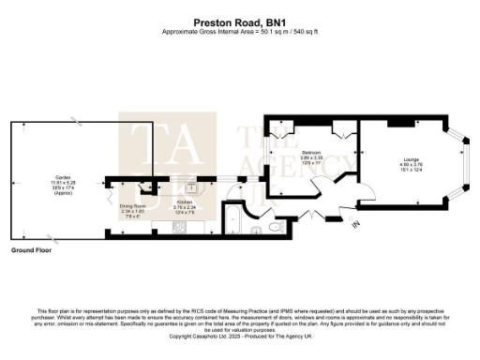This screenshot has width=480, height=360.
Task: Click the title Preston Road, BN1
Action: [x=240, y=20]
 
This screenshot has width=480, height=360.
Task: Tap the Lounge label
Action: [x=412, y=164]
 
